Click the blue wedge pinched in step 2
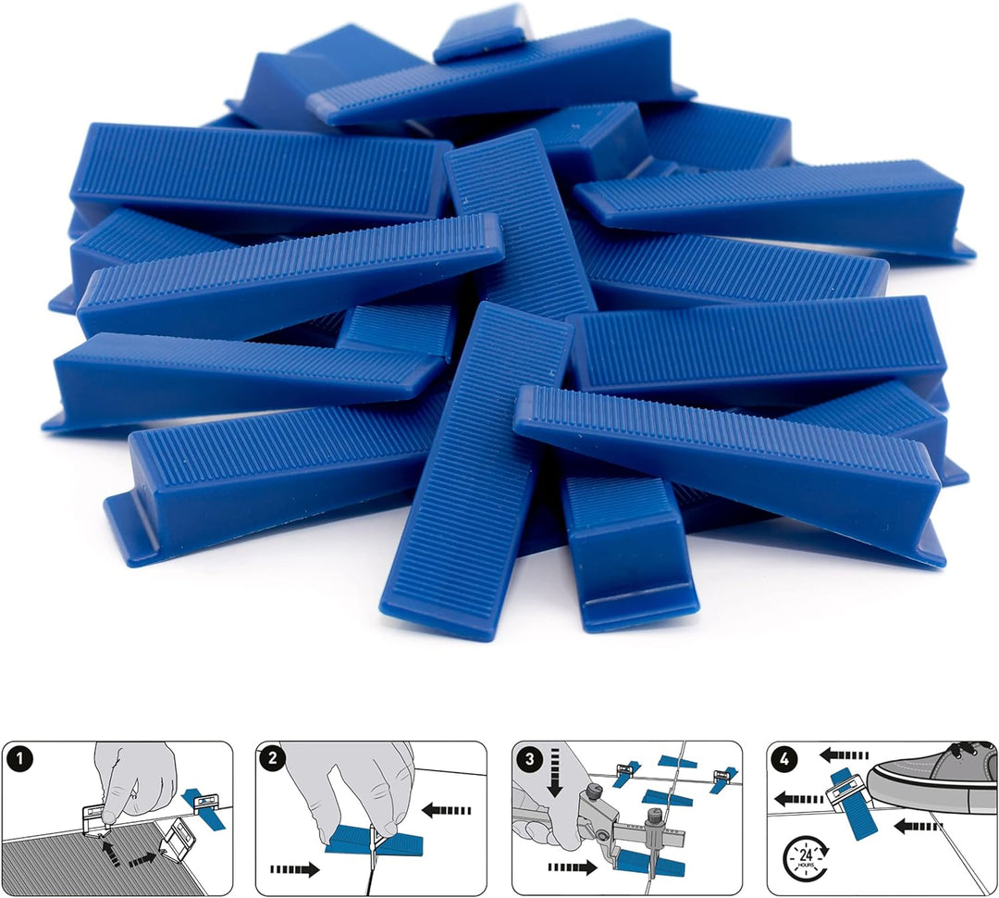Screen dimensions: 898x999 tap(370, 841)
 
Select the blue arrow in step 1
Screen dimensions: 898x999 tap(201, 799)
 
